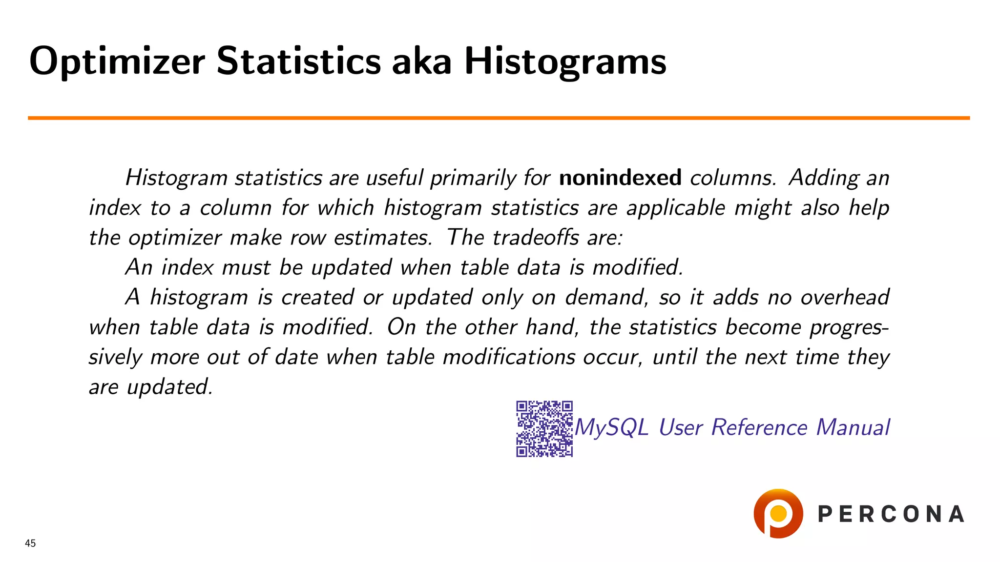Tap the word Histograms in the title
point(565,61)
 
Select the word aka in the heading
point(421,61)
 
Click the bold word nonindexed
point(620,178)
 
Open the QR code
point(544,429)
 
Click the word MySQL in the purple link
point(612,428)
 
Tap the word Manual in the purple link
point(853,427)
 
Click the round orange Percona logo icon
point(778,513)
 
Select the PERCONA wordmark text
point(891,514)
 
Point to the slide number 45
point(30,543)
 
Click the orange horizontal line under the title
point(498,118)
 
